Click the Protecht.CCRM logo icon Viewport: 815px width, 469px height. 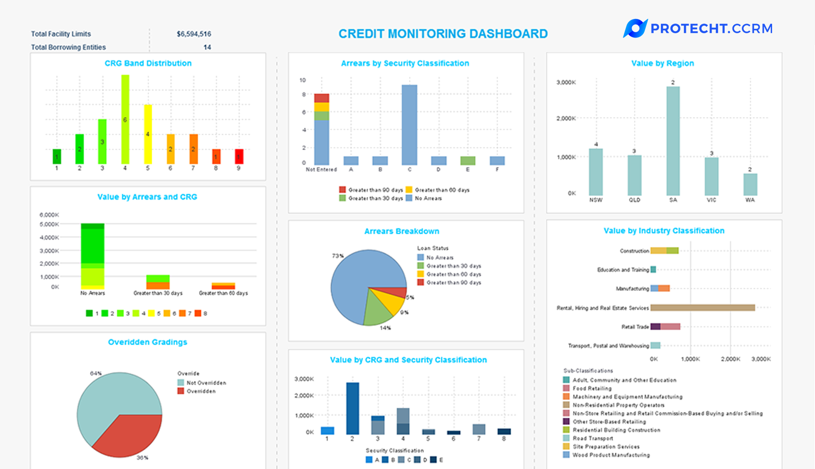click(x=635, y=28)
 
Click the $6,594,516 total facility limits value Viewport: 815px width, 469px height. click(x=194, y=34)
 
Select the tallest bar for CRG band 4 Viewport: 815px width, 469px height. click(x=125, y=119)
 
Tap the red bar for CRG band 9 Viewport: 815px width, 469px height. click(x=239, y=156)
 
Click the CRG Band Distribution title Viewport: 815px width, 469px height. click(x=148, y=63)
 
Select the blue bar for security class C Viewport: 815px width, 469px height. click(x=409, y=125)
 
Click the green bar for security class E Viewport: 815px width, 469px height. click(x=468, y=161)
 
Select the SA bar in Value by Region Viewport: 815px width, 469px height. click(x=673, y=141)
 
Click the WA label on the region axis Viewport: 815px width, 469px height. click(x=750, y=200)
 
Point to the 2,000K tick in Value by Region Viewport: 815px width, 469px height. click(x=566, y=119)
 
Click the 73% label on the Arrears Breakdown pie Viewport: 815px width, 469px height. click(x=338, y=256)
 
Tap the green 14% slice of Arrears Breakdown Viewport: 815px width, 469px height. click(x=378, y=309)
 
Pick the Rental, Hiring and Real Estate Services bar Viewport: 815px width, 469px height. click(x=702, y=308)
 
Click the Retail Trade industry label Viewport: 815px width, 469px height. click(x=635, y=327)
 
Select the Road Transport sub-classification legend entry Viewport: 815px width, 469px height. click(x=592, y=438)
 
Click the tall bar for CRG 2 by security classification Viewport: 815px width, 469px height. click(x=353, y=408)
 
